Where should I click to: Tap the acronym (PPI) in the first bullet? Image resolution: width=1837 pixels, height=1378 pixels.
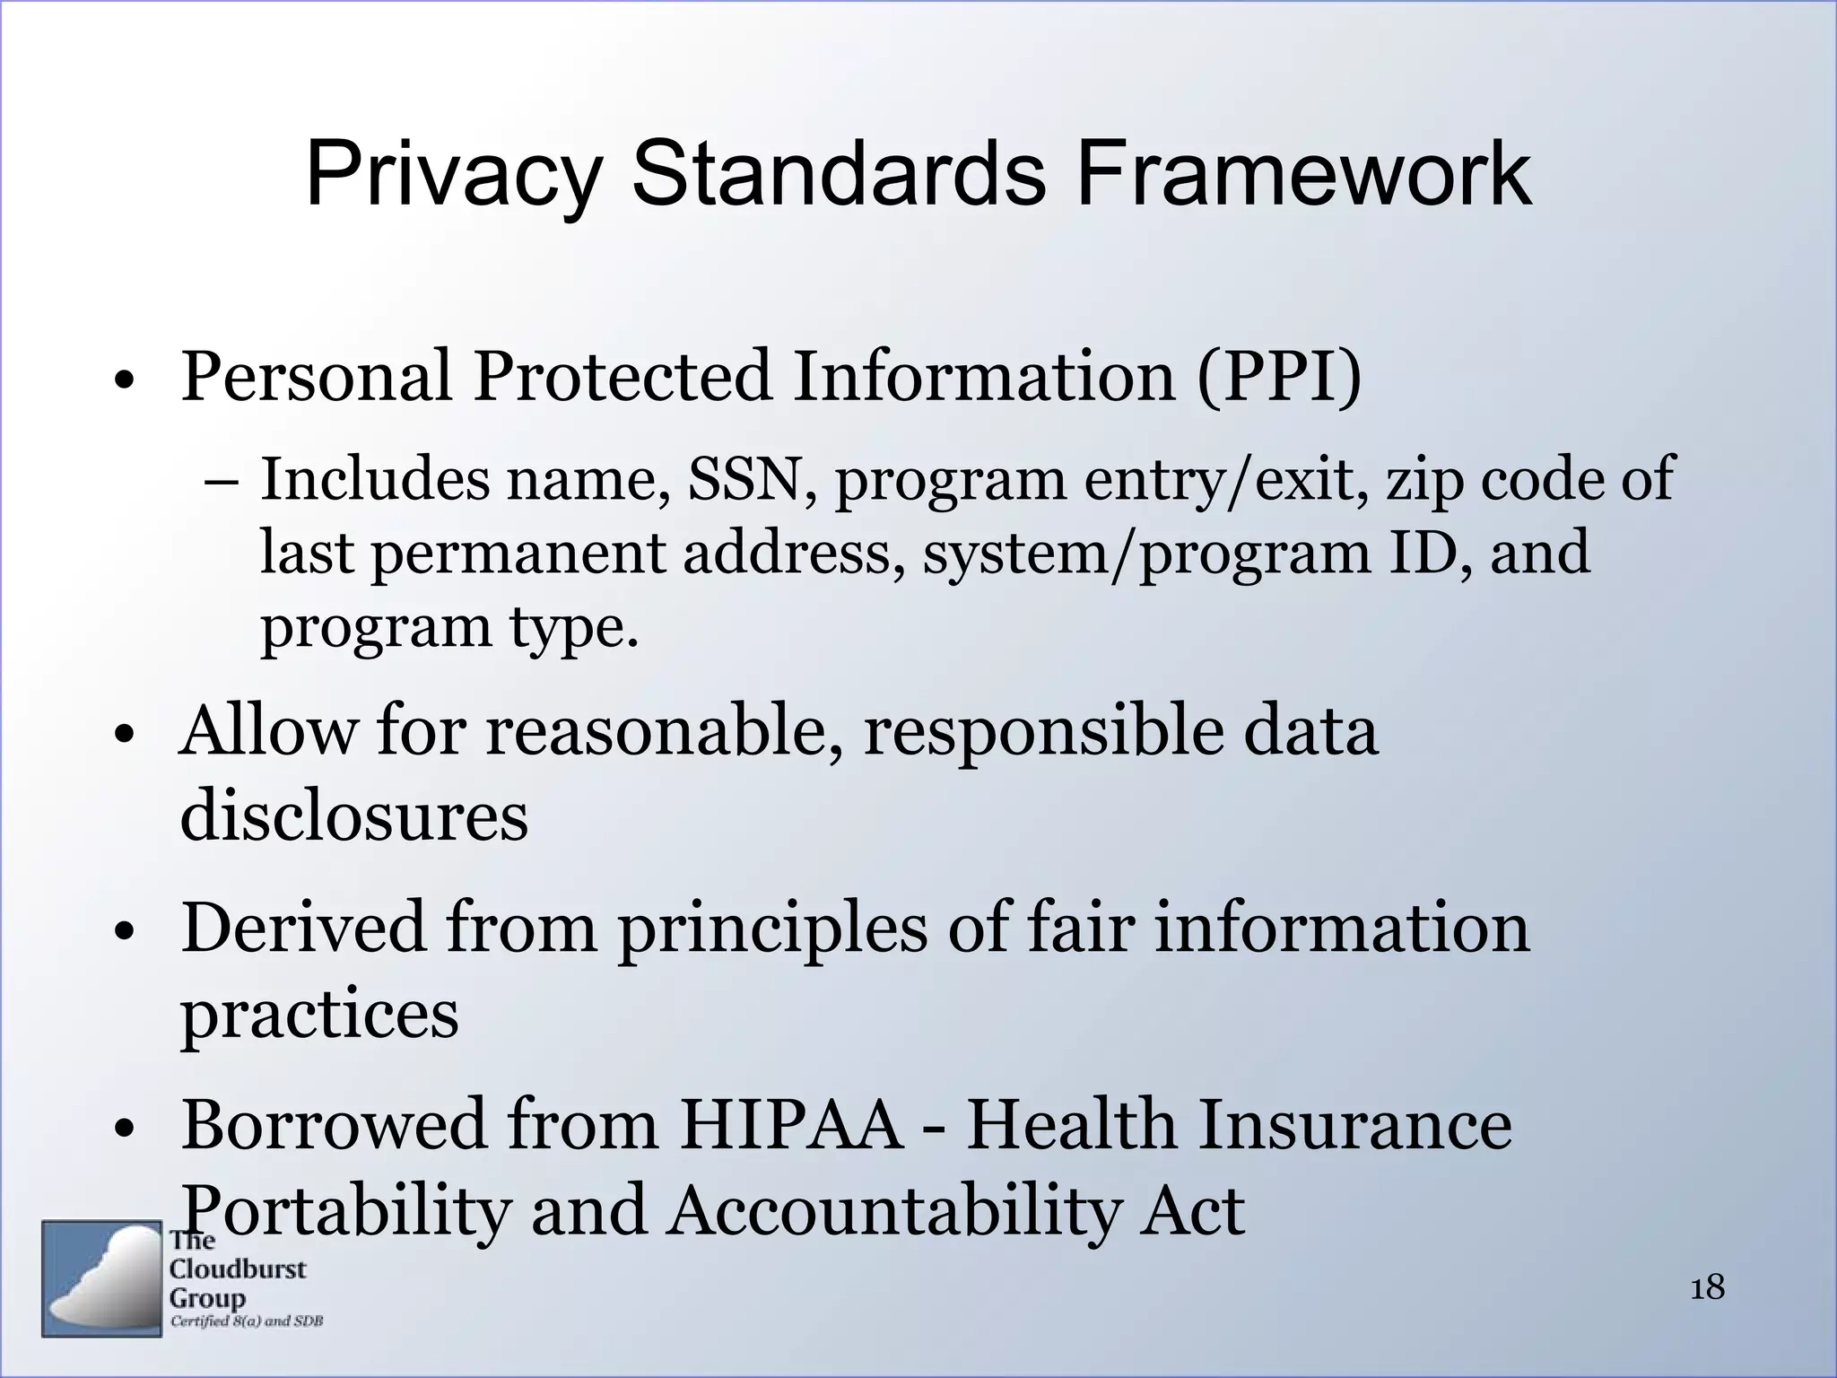click(1278, 377)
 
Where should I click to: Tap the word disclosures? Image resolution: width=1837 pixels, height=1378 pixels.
click(354, 816)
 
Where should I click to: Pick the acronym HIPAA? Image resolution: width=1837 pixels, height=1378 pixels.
click(790, 1125)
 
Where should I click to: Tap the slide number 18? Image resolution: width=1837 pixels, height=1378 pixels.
click(1708, 1288)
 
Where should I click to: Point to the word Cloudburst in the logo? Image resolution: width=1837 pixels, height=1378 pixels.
click(238, 1269)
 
